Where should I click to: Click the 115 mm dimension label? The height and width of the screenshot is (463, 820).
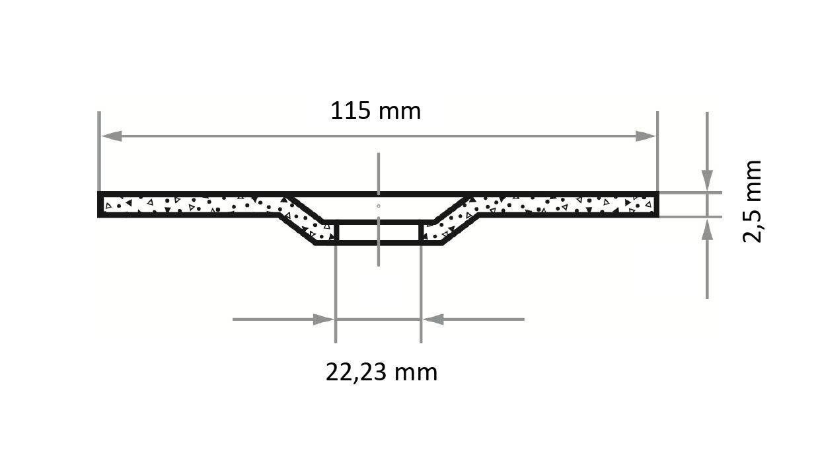pos(375,110)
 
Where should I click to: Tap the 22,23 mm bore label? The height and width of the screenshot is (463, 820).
pos(381,372)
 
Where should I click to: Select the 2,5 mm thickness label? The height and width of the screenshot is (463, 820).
pos(753,202)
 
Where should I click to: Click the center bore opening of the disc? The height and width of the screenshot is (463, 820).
pos(378,233)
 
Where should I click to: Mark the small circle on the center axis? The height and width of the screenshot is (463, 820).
pos(378,206)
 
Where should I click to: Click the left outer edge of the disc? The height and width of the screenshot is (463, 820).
pos(100,204)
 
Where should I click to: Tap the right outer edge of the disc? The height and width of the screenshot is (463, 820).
pos(657,204)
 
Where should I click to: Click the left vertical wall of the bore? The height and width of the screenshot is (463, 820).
pos(336,233)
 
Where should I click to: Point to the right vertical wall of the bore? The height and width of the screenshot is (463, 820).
pos(420,233)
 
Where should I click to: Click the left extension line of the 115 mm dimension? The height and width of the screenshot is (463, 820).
pos(98,152)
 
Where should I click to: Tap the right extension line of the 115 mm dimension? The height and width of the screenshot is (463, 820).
pos(657,152)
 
